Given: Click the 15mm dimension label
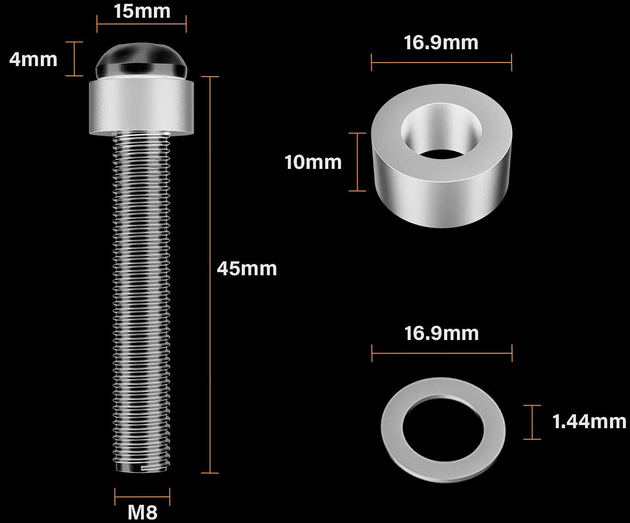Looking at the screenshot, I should [x=142, y=11].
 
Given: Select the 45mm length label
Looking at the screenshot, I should [x=247, y=269].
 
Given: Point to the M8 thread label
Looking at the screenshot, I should [x=142, y=513].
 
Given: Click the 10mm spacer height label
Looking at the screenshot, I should [x=313, y=162].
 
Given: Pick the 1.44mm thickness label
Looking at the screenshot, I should [x=589, y=421].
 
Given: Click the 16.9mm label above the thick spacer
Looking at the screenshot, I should [x=441, y=43].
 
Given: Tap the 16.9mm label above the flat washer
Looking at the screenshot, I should [x=441, y=333].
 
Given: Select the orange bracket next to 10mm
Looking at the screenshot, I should [x=357, y=162].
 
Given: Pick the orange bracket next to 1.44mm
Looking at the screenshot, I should [x=532, y=422].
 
